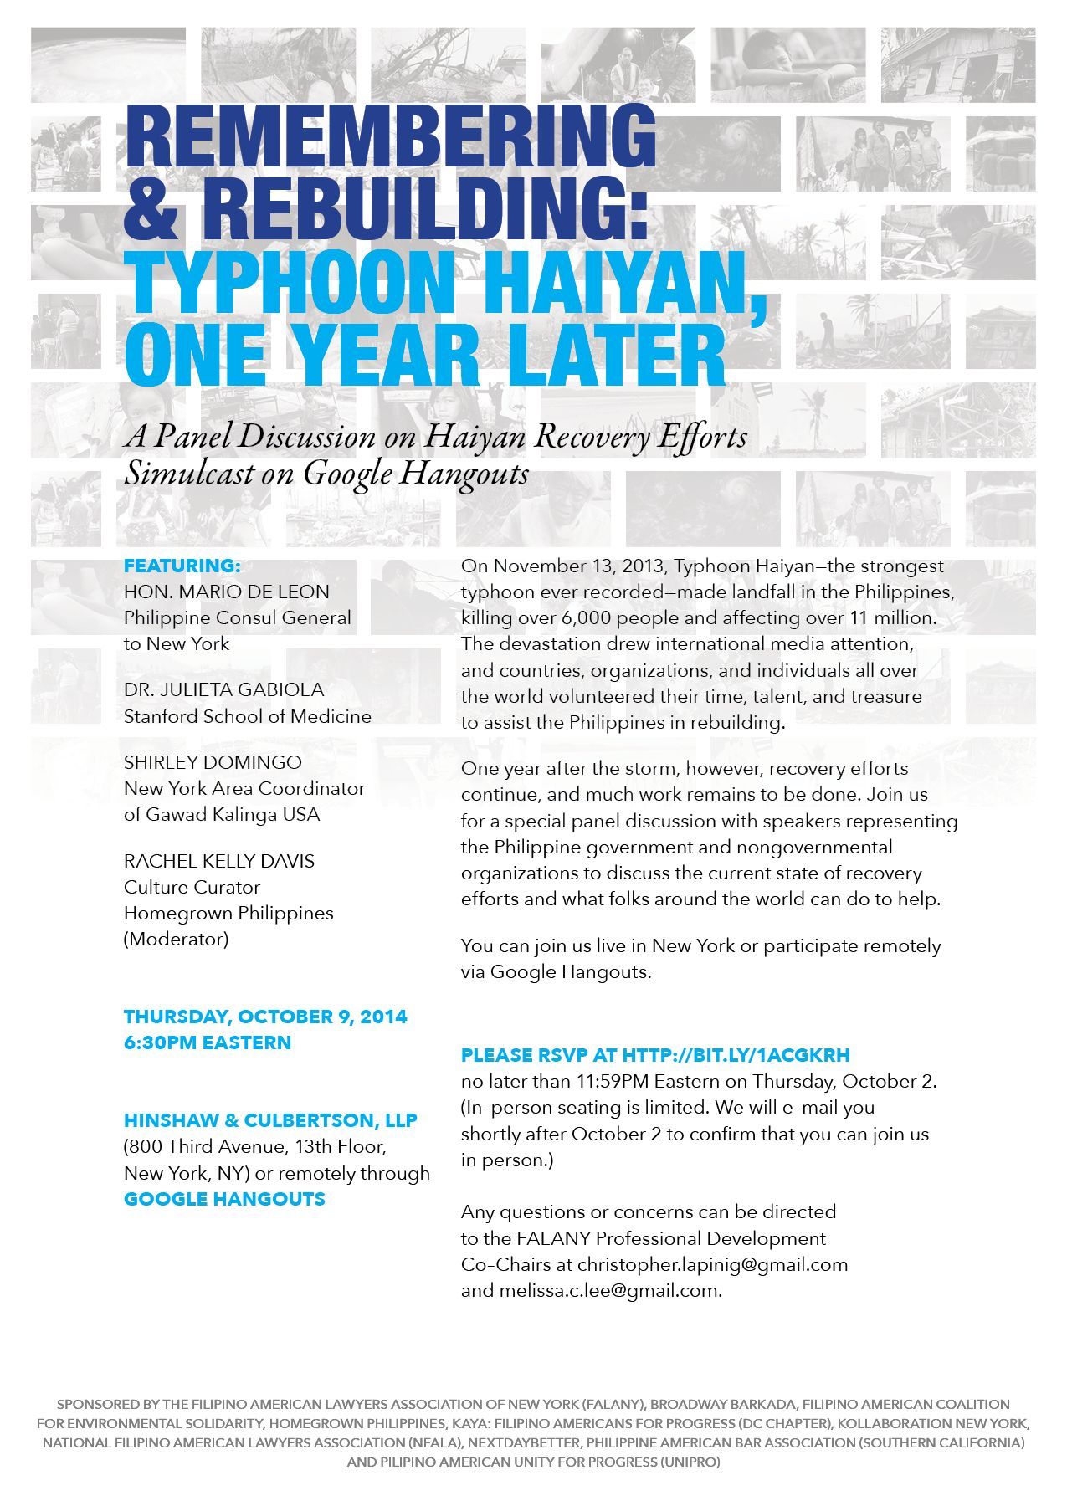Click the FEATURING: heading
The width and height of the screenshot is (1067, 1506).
point(182,566)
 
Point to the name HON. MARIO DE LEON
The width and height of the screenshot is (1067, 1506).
point(227,592)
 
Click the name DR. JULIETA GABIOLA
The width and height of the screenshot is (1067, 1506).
point(223,690)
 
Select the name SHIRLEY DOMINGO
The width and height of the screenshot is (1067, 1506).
point(213,762)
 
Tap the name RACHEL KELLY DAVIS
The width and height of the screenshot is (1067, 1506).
point(219,861)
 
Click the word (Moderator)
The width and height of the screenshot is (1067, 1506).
point(176,939)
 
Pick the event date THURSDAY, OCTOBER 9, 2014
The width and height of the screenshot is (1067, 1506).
point(265,1017)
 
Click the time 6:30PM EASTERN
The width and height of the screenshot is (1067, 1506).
point(208,1042)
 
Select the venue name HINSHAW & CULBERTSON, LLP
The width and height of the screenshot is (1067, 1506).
point(270,1120)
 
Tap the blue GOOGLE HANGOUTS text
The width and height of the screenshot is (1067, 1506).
point(224,1199)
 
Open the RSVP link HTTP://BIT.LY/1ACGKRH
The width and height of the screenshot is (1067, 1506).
point(736,1055)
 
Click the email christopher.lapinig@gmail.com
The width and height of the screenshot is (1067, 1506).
point(712,1263)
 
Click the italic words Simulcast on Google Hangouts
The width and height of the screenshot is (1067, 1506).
point(326,474)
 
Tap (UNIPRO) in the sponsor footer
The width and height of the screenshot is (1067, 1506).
point(689,1462)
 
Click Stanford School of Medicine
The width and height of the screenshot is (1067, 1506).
point(248,716)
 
